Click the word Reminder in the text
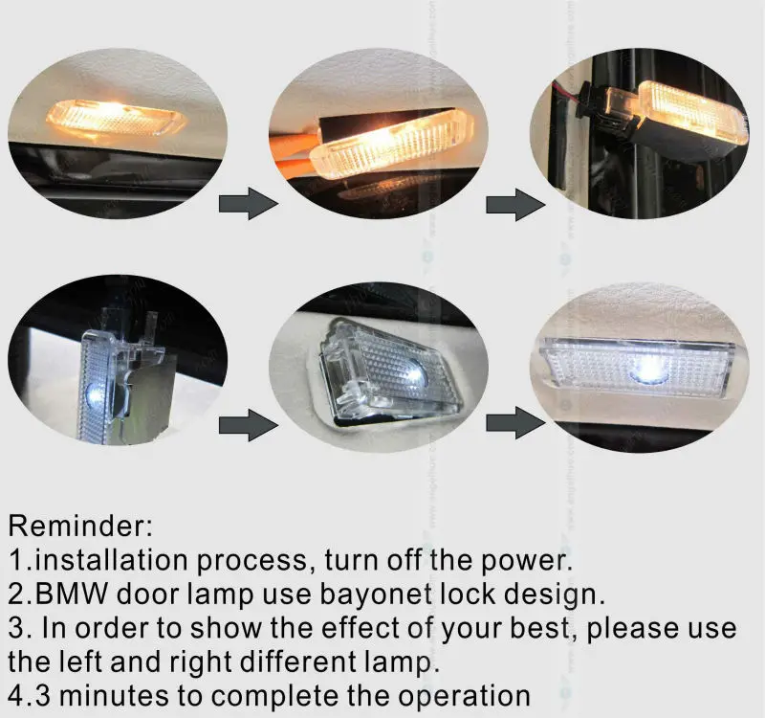click(x=81, y=526)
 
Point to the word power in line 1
click(x=535, y=559)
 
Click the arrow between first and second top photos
click(x=247, y=203)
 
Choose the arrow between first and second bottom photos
click(x=247, y=425)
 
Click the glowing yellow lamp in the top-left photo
click(x=115, y=116)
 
